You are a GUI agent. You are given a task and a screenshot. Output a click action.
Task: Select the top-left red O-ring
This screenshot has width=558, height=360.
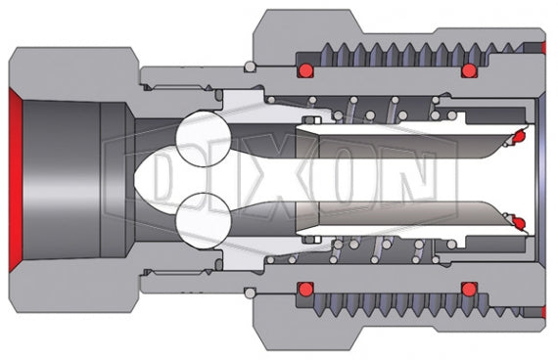click(x=305, y=70)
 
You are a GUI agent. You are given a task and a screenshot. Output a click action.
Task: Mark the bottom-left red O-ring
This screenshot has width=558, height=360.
click(x=305, y=291)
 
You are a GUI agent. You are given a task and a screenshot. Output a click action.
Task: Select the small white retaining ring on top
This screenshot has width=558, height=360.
click(x=252, y=67)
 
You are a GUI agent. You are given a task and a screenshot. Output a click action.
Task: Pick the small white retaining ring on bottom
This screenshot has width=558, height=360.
click(x=252, y=294)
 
